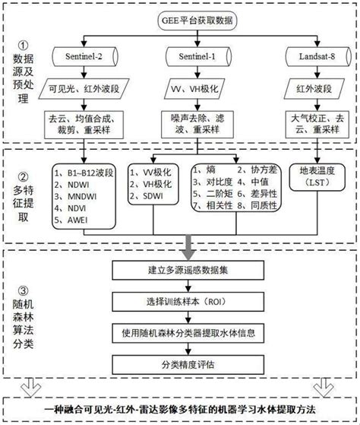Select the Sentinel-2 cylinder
click(78, 57)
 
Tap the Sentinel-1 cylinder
click(187, 57)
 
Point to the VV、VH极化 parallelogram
click(186, 90)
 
